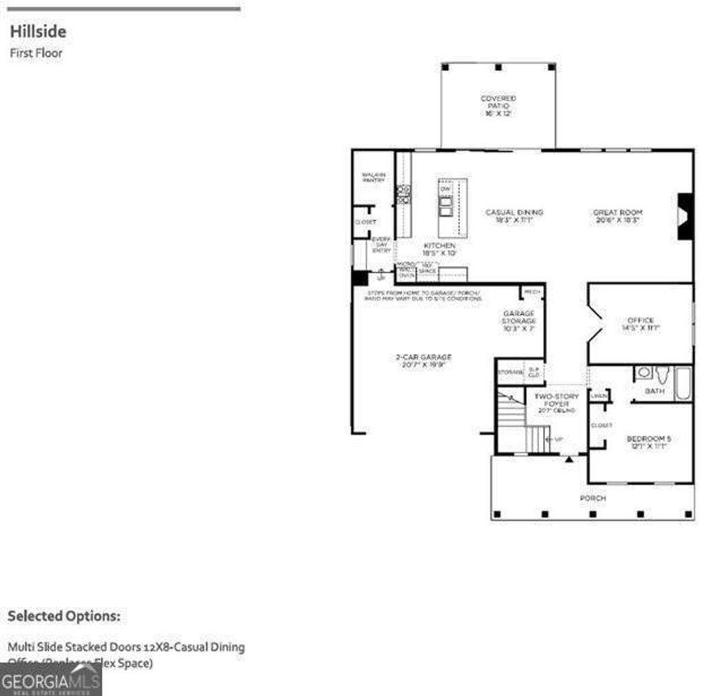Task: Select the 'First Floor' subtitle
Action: point(36,53)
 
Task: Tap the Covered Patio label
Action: point(498,106)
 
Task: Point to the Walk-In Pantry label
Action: point(373,177)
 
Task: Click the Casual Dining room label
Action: point(514,216)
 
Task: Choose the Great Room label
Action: point(618,216)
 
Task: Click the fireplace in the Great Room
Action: point(685,217)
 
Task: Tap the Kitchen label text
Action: point(439,249)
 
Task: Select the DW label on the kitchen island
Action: point(445,188)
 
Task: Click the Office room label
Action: point(641,324)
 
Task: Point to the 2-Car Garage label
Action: point(423,360)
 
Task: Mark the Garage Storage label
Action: point(518,321)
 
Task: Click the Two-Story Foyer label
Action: point(556,404)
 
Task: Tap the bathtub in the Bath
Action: point(683,384)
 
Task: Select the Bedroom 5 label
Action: point(648,442)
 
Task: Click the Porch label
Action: point(592,498)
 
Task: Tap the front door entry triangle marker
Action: point(569,459)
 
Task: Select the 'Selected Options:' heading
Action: point(63,616)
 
